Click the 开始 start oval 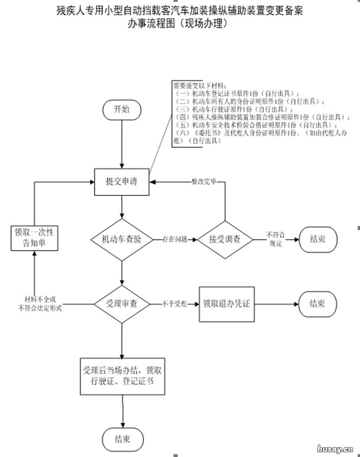click(122, 110)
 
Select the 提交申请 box click(122, 182)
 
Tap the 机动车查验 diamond click(122, 239)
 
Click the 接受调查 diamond click(225, 239)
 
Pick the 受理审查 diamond click(122, 304)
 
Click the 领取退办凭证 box click(226, 304)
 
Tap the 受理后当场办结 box click(122, 376)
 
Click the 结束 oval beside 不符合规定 click(317, 239)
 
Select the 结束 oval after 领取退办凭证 click(317, 304)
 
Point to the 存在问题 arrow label click(175, 239)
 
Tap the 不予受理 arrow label click(174, 304)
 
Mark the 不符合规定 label click(276, 239)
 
